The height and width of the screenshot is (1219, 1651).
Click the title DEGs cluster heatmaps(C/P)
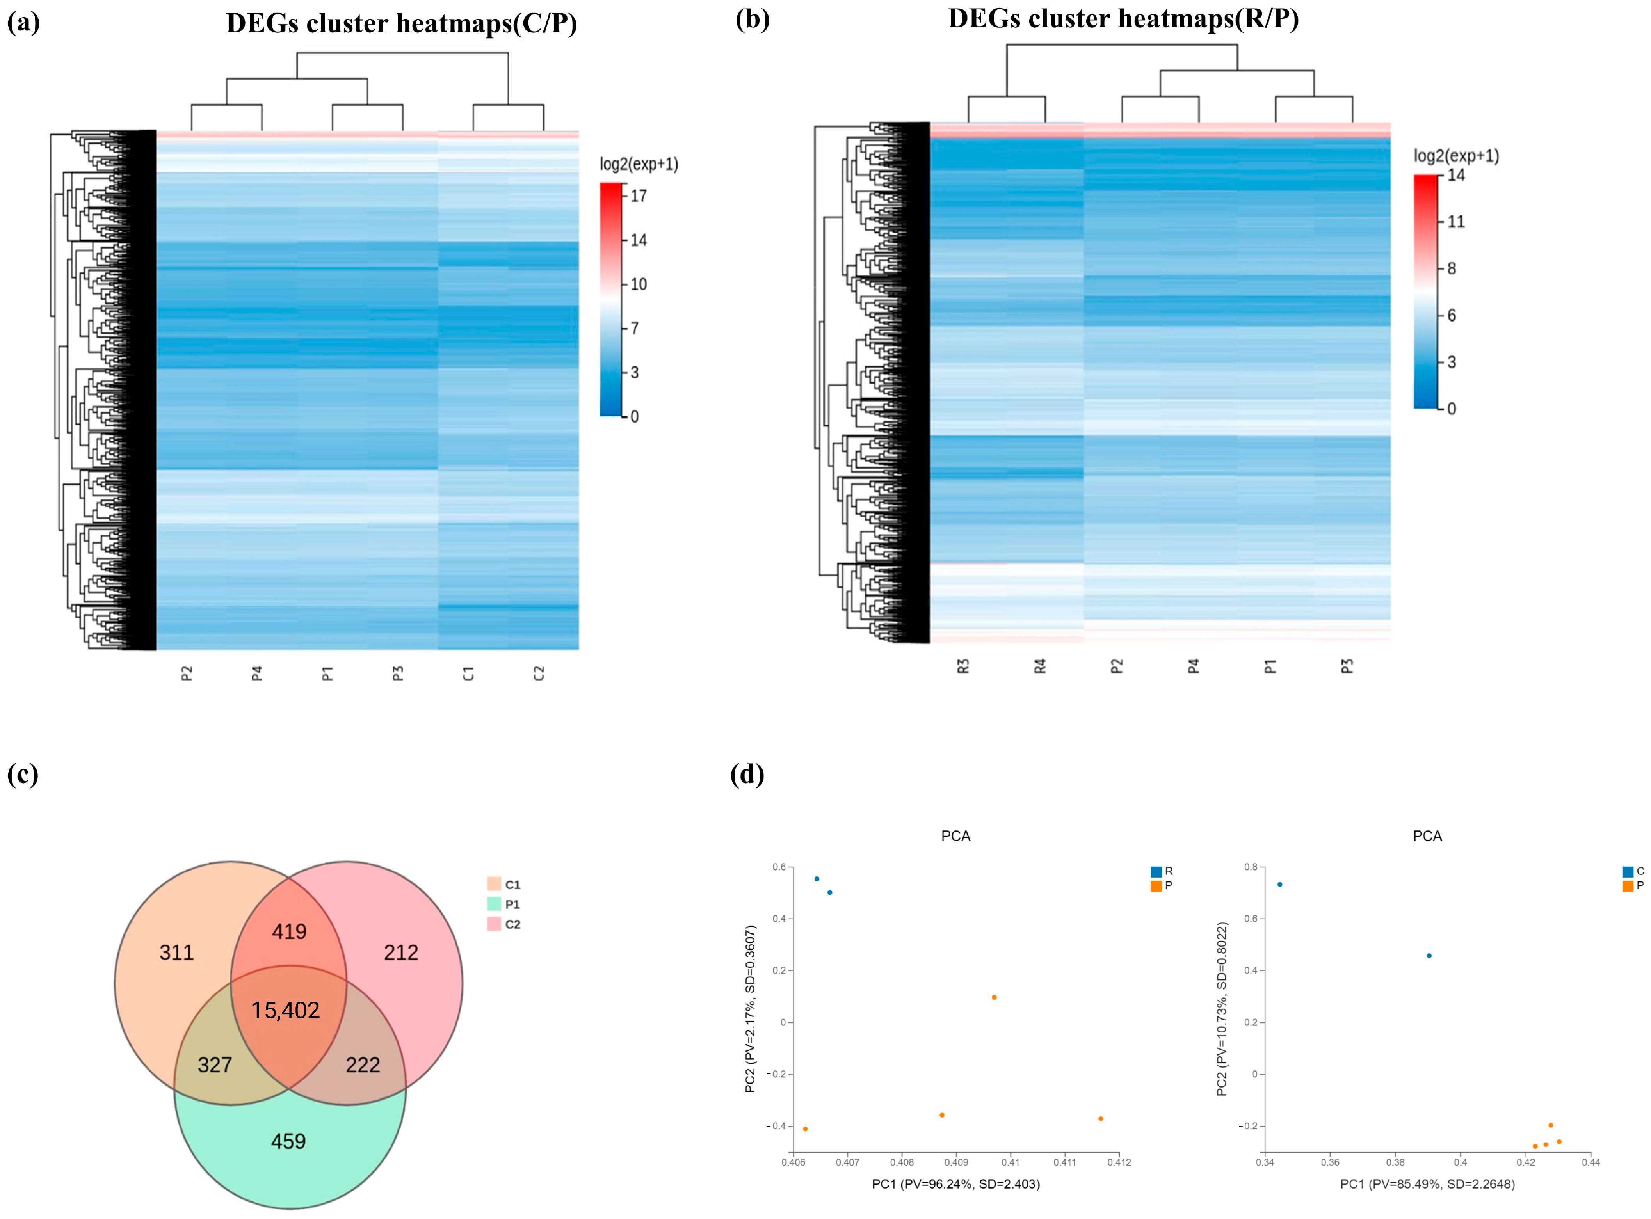click(402, 24)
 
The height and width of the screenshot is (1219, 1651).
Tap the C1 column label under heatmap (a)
click(468, 673)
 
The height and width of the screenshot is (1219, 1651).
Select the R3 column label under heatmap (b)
click(963, 666)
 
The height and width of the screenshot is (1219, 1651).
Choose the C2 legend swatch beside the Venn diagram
click(494, 924)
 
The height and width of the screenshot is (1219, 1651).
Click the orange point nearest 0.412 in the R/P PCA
click(1100, 1119)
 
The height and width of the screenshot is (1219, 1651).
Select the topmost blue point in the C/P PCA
click(1280, 884)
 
